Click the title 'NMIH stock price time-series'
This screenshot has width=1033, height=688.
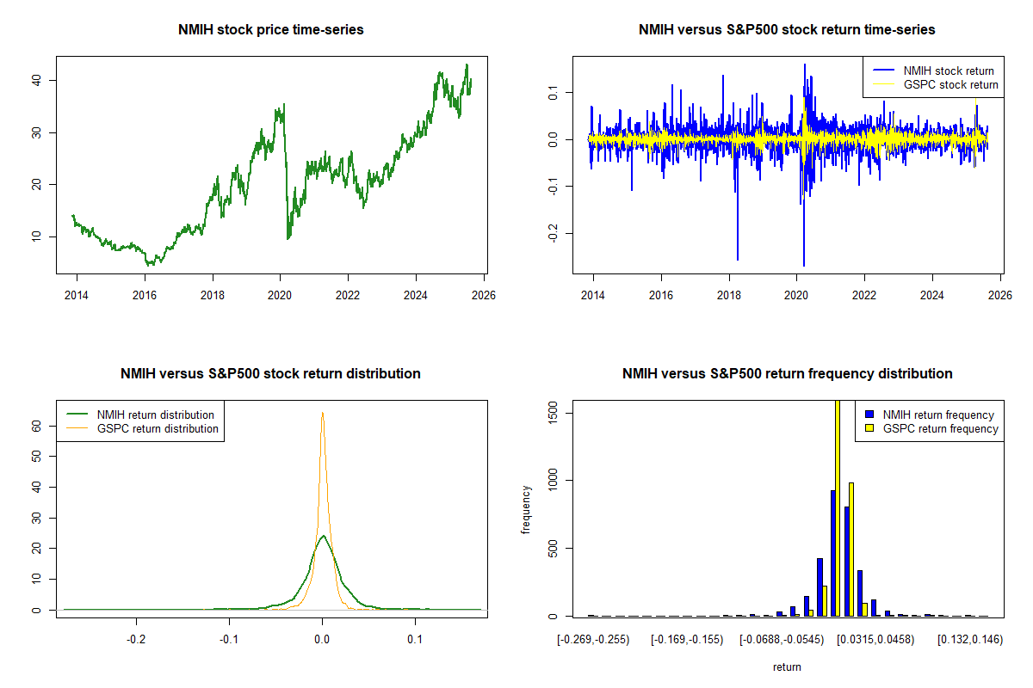click(x=271, y=30)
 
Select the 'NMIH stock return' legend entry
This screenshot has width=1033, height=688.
click(x=948, y=71)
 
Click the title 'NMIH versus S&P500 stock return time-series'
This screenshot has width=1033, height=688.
click(x=787, y=30)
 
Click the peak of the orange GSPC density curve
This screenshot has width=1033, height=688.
click(x=322, y=413)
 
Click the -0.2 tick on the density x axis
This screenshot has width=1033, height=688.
click(x=135, y=640)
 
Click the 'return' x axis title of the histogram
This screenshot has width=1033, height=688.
click(x=787, y=666)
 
